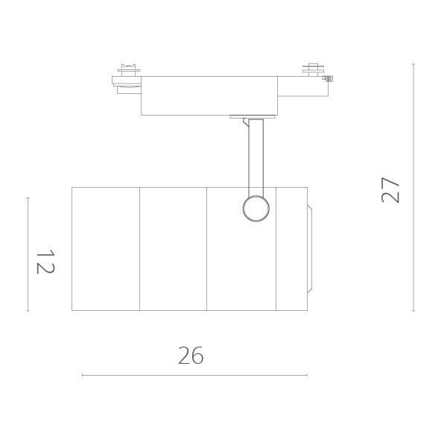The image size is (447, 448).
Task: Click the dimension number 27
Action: click(390, 190)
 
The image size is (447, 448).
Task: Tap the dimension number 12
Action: click(45, 262)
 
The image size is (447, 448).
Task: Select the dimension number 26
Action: click(191, 356)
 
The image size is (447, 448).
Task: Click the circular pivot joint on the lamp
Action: click(256, 209)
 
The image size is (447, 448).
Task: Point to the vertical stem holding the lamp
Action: click(256, 157)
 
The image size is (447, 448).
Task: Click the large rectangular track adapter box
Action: click(209, 95)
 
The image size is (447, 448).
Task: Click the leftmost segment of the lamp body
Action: click(106, 248)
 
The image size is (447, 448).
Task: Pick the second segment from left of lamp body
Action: click(173, 248)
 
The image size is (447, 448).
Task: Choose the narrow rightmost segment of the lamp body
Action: click(291, 248)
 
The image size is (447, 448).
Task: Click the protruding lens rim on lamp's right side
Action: click(310, 248)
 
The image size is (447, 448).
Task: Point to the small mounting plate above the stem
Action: click(253, 117)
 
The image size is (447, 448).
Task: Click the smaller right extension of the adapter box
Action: click(302, 86)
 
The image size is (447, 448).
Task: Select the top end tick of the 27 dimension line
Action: click(413, 64)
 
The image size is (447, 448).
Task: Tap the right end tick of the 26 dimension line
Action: click(307, 375)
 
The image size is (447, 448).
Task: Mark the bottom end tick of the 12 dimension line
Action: click(28, 310)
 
